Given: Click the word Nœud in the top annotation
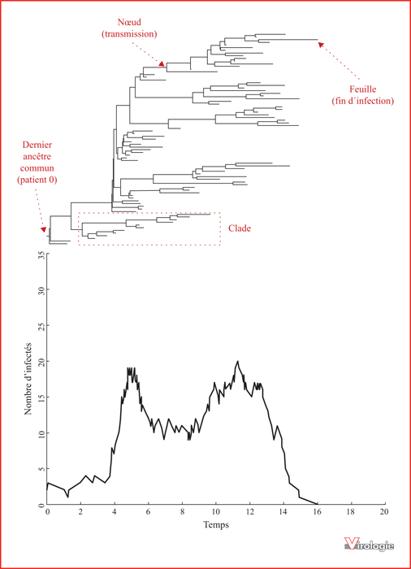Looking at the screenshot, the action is (129, 22).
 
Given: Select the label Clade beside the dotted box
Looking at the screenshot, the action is (240, 228).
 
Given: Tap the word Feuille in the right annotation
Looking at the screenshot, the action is (363, 89).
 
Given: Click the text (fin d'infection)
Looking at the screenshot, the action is (363, 101).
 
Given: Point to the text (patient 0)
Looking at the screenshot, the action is (37, 180).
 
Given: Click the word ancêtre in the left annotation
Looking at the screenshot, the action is (37, 156).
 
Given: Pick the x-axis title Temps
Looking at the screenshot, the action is (216, 525).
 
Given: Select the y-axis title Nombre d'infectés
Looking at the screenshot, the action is (28, 379).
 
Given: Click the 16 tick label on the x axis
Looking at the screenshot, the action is (318, 511).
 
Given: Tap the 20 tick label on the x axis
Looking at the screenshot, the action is (384, 511).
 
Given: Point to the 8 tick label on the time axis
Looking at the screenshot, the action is (183, 511).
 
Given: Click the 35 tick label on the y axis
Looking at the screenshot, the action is (42, 255).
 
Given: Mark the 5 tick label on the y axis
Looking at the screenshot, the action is (42, 469).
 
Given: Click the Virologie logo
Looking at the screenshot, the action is (369, 544).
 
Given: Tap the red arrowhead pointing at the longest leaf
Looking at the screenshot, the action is (321, 45).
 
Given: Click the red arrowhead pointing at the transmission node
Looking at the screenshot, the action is (162, 63).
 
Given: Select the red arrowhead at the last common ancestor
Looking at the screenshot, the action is (44, 229).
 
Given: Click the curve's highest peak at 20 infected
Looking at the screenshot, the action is (238, 361).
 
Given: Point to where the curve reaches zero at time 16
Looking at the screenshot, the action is (318, 504).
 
